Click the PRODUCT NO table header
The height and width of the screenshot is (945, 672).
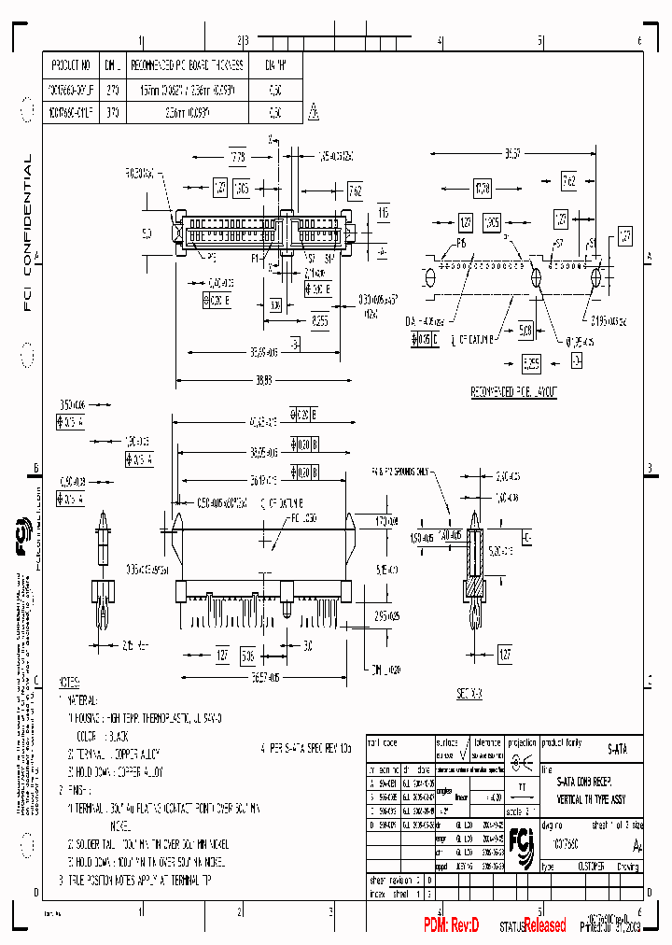pos(72,65)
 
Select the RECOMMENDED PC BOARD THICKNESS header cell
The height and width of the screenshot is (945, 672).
pos(187,65)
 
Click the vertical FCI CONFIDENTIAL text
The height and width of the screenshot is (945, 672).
pos(27,233)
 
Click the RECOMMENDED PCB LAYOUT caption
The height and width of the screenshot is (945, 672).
pos(513,393)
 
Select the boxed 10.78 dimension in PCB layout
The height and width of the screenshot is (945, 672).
pos(483,189)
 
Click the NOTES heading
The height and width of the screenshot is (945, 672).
pos(70,683)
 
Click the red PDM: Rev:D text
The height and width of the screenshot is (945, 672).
pos(452,924)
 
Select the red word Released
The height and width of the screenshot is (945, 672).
pos(544,925)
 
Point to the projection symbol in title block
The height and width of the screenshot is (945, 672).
pos(525,760)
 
